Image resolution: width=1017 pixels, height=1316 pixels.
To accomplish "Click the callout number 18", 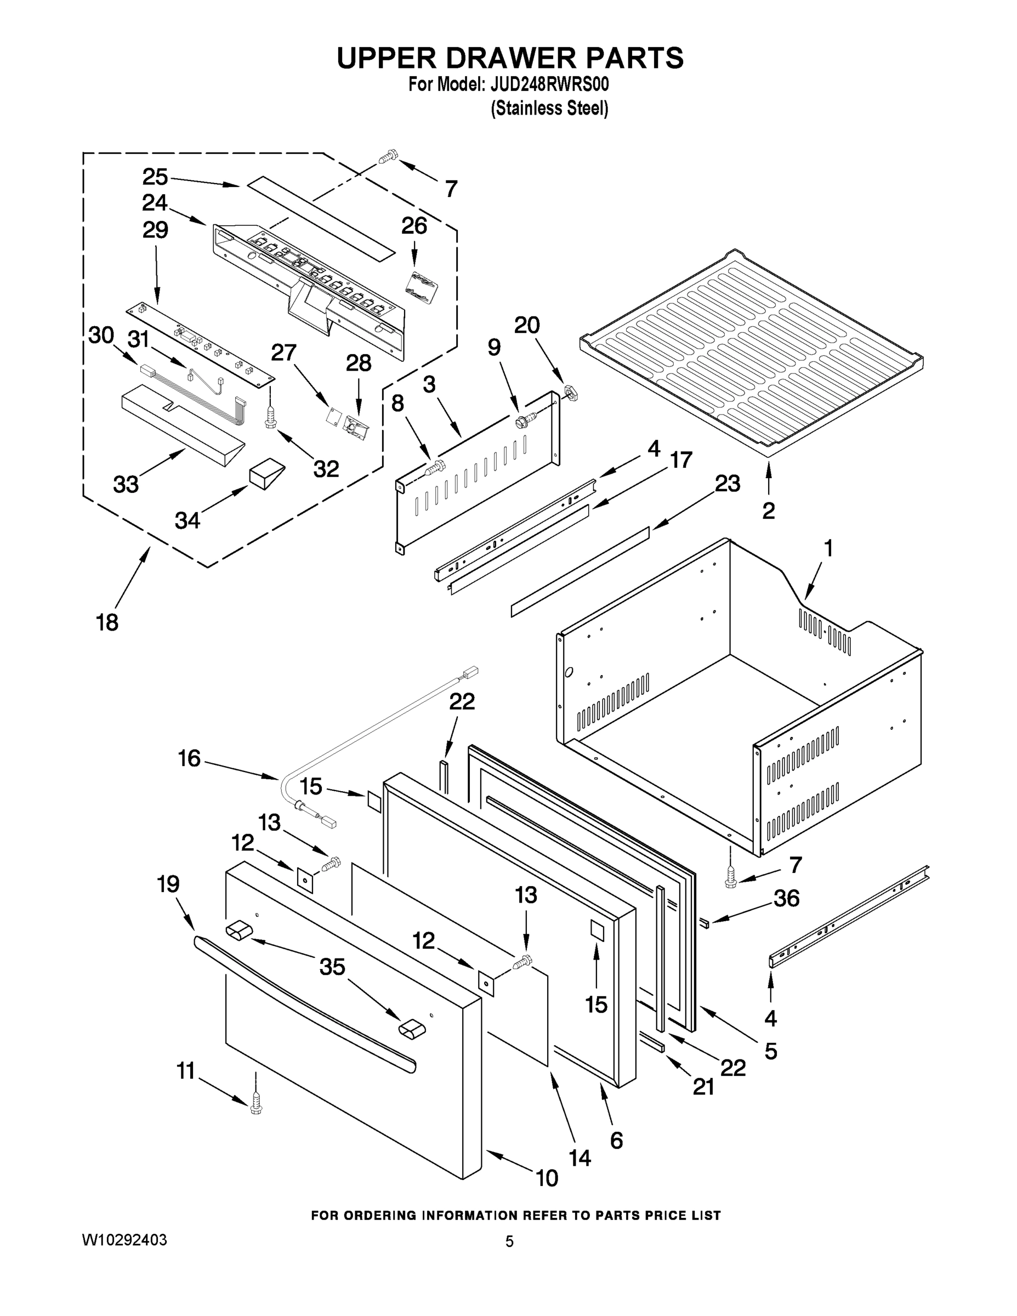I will pyautogui.click(x=107, y=622).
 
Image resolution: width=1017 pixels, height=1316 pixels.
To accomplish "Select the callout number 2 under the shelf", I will pyautogui.click(x=768, y=511).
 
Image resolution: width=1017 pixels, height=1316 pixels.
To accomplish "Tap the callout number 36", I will pyautogui.click(x=786, y=915).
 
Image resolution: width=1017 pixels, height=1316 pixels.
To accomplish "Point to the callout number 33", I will pyautogui.click(x=126, y=484).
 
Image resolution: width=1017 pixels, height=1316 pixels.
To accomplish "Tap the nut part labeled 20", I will pyautogui.click(x=571, y=392).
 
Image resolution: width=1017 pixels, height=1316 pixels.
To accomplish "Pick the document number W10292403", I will pyautogui.click(x=124, y=1240).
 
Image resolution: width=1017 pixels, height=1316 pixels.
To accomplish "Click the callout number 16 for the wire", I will pyautogui.click(x=189, y=758).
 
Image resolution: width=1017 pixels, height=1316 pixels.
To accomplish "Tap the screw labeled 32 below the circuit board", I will pyautogui.click(x=270, y=417).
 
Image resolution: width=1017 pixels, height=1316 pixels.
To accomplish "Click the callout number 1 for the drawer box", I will pyautogui.click(x=828, y=548).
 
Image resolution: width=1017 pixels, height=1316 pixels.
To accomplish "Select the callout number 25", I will pyautogui.click(x=155, y=177).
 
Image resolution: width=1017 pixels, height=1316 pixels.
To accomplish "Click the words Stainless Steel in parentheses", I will pyautogui.click(x=549, y=109).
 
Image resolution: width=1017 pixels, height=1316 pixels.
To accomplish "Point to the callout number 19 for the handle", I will pyautogui.click(x=168, y=884).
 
